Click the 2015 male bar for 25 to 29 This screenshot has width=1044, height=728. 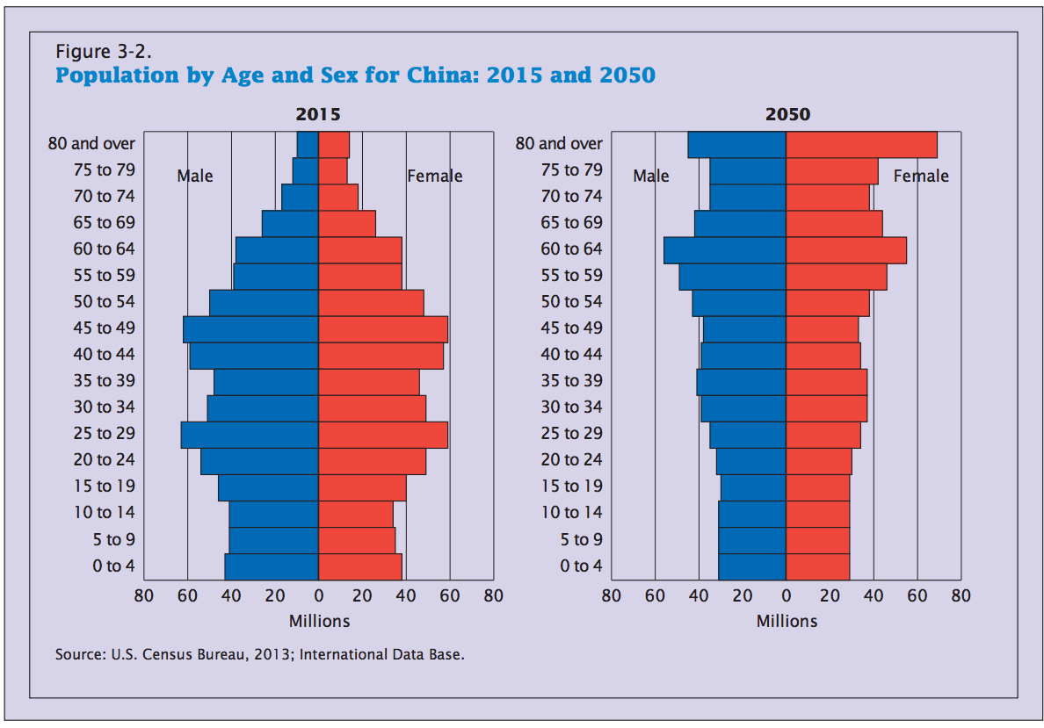(x=250, y=435)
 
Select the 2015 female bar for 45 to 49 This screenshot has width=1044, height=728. (x=383, y=329)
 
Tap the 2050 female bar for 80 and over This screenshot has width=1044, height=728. (x=861, y=145)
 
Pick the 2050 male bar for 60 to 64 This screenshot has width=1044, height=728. (x=725, y=250)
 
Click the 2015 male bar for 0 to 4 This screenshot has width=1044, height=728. (x=272, y=566)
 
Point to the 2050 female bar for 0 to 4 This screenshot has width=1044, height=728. (x=817, y=566)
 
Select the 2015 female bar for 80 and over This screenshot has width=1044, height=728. (x=334, y=145)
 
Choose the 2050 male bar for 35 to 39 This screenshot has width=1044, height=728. (x=741, y=382)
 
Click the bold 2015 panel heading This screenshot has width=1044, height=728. (x=318, y=115)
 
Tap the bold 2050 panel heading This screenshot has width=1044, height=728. (x=787, y=115)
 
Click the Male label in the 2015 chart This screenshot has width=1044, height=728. (x=195, y=176)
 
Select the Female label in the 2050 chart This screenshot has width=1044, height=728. (x=921, y=176)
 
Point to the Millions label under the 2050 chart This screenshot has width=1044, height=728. (x=787, y=621)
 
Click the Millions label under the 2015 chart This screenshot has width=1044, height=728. (x=319, y=621)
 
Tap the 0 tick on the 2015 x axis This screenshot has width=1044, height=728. (x=319, y=596)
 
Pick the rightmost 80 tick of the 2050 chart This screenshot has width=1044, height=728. (x=961, y=596)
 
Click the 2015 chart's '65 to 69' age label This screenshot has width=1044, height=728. (x=104, y=223)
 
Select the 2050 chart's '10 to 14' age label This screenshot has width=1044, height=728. (x=571, y=513)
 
